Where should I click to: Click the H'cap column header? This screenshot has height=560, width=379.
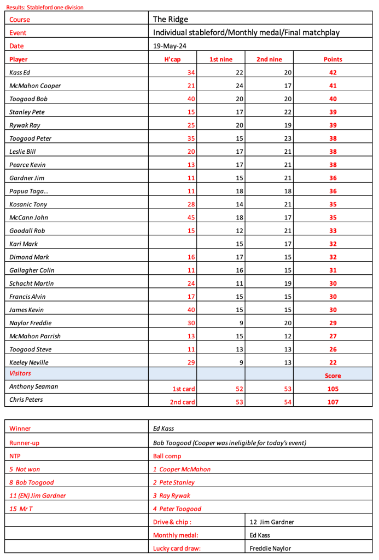[172, 59]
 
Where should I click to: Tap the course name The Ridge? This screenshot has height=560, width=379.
[171, 19]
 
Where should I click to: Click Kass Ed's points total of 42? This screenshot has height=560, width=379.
[333, 72]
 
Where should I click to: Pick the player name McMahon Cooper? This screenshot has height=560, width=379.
[35, 85]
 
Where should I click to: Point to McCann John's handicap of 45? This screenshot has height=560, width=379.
[191, 217]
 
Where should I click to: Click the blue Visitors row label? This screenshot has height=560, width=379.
[20, 373]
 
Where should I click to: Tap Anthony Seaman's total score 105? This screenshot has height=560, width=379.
[333, 389]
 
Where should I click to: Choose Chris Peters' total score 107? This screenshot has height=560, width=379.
[333, 402]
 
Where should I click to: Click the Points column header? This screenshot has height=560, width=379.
[333, 59]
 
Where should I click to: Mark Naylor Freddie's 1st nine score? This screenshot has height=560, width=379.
[239, 323]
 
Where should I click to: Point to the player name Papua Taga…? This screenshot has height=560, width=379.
[28, 191]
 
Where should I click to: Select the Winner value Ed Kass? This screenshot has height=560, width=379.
[164, 429]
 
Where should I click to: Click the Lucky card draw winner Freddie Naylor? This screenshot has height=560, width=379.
[270, 548]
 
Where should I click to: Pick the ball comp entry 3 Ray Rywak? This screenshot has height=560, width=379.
[172, 495]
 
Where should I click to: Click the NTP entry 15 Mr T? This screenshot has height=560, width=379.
[21, 509]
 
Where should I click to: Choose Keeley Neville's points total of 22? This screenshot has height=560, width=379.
[333, 362]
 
